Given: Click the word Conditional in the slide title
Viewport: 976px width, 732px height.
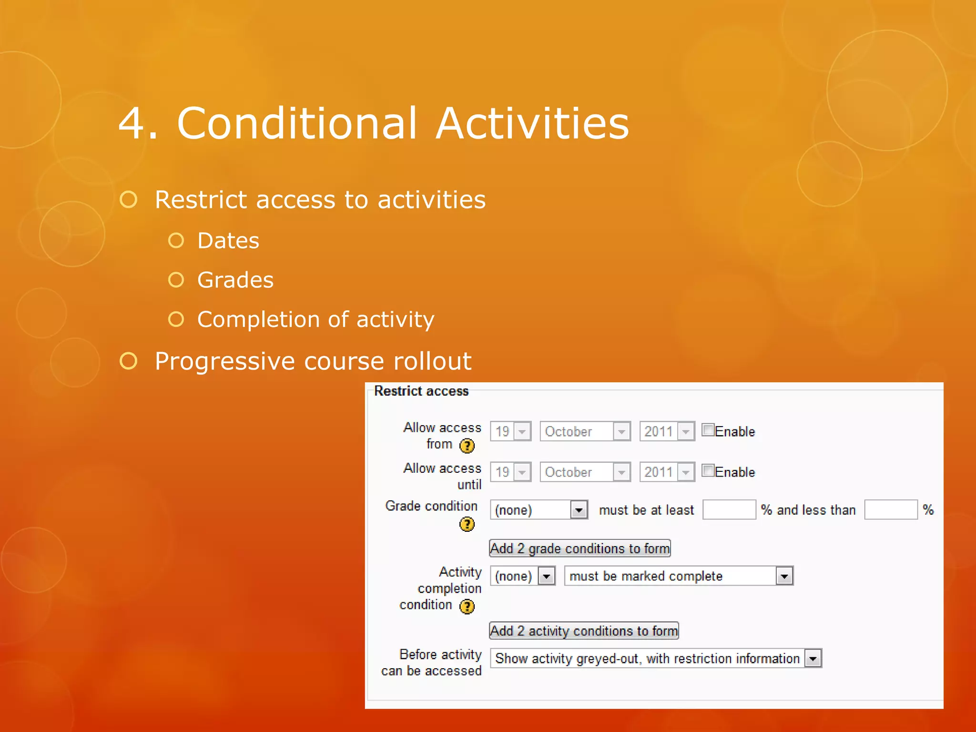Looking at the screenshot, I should click(297, 123).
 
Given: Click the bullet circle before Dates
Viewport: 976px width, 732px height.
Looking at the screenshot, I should click(176, 241).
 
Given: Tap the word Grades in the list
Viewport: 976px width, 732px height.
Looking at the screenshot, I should click(235, 280).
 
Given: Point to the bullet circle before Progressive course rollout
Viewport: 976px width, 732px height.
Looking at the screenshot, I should click(128, 361).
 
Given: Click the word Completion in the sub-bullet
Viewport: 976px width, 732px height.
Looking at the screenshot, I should click(259, 319).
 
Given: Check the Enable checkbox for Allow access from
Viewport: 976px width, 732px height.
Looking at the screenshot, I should click(708, 430).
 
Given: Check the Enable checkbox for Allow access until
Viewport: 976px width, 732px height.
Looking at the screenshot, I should click(708, 471).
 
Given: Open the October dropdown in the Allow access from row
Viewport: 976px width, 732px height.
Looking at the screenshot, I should click(585, 431).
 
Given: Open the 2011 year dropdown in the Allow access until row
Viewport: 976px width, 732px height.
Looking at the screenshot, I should click(667, 472).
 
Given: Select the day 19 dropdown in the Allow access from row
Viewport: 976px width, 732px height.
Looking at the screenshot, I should click(510, 431).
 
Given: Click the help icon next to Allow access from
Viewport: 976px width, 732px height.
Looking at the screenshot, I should click(467, 446).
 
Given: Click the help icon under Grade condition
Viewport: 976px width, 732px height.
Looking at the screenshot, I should click(467, 524).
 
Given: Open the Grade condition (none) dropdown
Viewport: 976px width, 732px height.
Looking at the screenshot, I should click(539, 510).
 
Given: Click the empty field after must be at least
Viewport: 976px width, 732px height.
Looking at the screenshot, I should click(729, 509).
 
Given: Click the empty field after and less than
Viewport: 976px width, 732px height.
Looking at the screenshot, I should click(890, 509).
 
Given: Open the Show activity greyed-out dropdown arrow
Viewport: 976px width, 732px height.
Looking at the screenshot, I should click(813, 659).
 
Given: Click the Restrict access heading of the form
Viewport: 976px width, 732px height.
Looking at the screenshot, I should click(421, 391).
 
